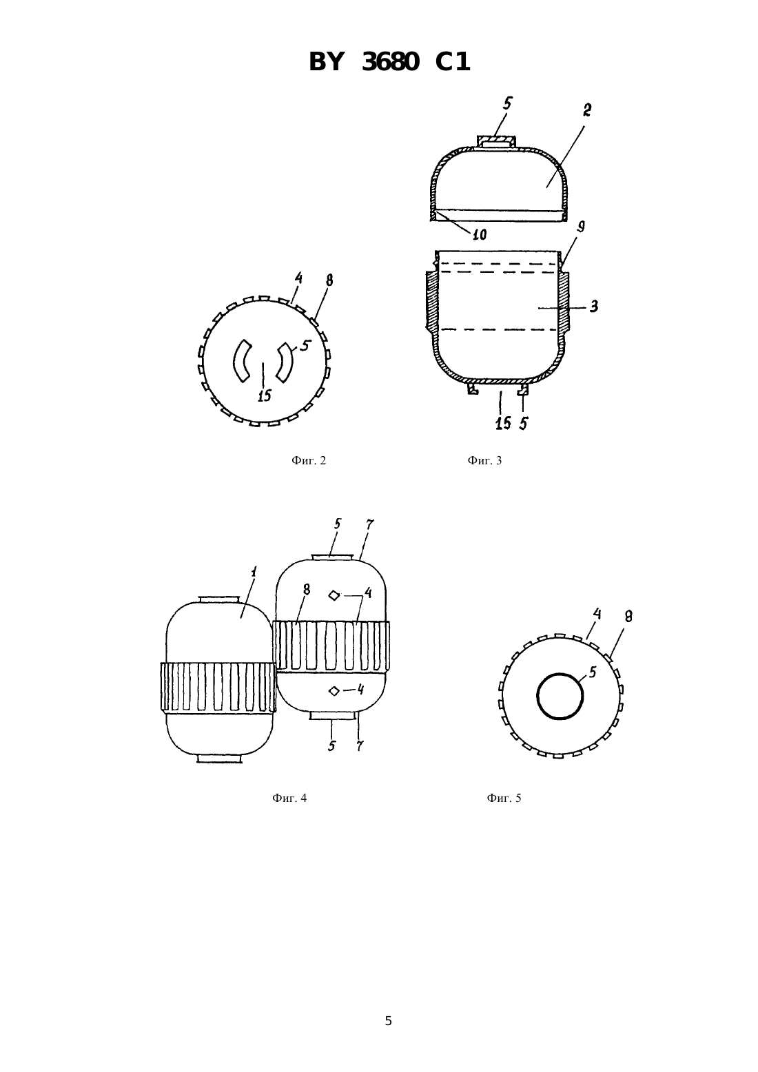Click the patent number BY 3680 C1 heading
[389, 62]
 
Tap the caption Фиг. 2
[309, 460]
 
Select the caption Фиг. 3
[484, 460]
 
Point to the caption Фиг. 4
[289, 798]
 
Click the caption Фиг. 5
[504, 798]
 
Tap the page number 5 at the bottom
[389, 1021]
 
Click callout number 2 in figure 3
[586, 110]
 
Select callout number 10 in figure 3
[480, 234]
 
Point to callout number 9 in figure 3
[581, 227]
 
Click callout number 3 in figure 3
[594, 307]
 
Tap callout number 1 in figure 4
[254, 571]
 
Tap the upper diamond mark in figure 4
[334, 596]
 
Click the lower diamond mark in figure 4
[334, 690]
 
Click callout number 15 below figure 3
[503, 423]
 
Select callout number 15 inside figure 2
[264, 395]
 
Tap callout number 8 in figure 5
[628, 617]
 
